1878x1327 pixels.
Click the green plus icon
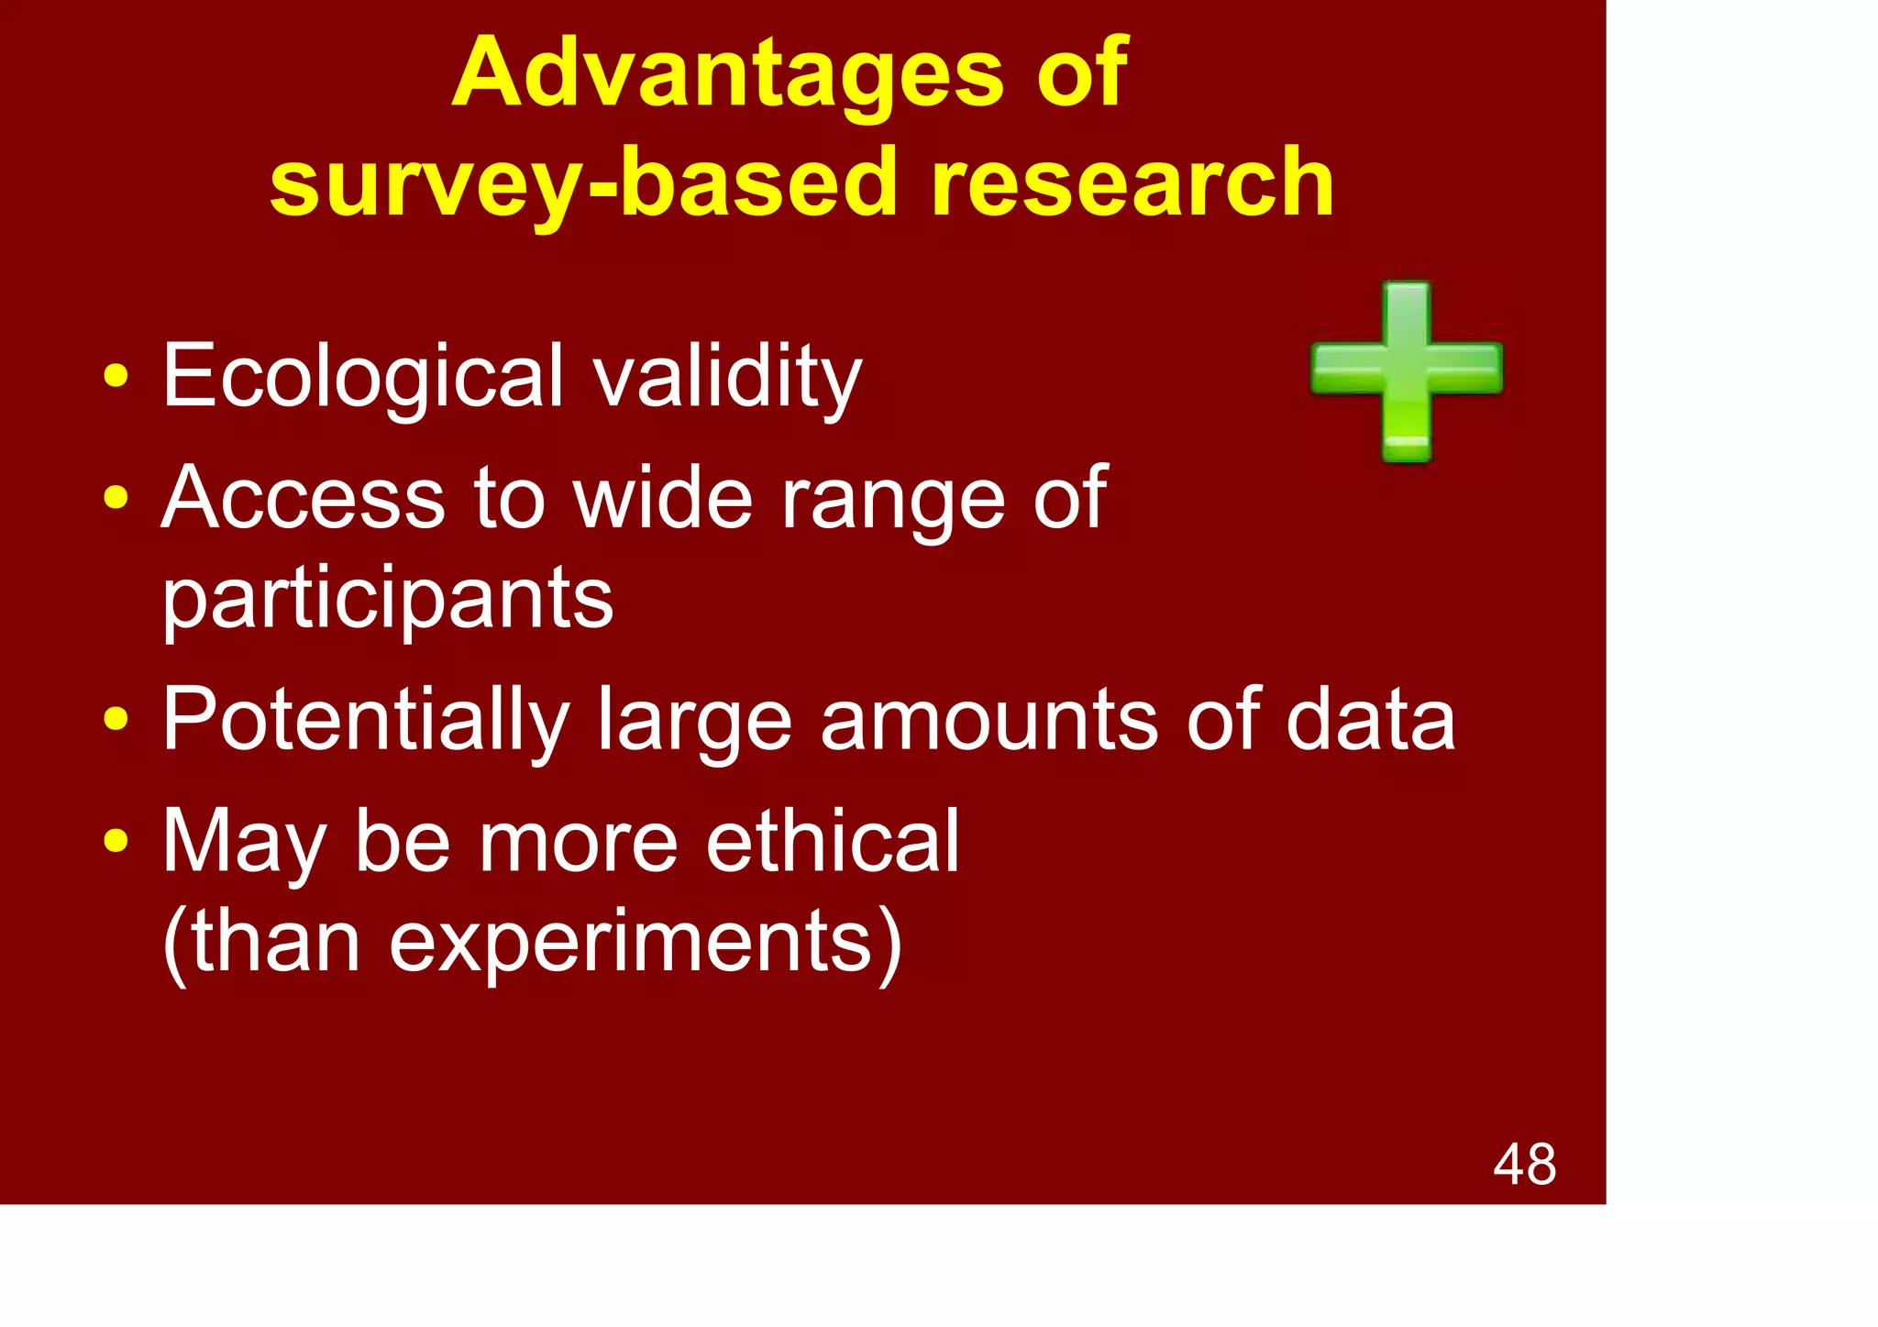point(1406,370)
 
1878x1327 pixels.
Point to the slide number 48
point(1524,1165)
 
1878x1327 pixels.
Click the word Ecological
point(363,376)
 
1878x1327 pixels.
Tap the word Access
point(303,498)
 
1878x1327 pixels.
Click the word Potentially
point(365,721)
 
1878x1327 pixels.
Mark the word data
point(1370,721)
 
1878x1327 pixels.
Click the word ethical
point(832,842)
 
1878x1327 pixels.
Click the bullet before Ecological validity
point(116,376)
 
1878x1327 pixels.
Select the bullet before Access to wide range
point(116,498)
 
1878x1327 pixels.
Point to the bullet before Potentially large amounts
point(116,720)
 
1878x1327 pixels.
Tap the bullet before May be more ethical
point(116,841)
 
